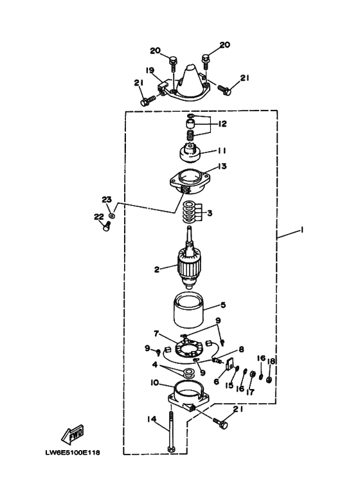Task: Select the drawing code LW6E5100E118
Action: pos(73,452)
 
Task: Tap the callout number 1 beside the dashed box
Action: pos(302,230)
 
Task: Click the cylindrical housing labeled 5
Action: pos(188,311)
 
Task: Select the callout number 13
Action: pos(222,166)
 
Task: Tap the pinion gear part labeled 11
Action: pos(189,153)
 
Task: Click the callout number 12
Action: pos(222,123)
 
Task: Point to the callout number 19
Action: pos(150,70)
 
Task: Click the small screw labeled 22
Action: pos(106,226)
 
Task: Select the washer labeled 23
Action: pos(112,215)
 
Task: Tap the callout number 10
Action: pos(155,383)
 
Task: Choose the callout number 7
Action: pos(156,334)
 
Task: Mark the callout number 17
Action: pos(250,392)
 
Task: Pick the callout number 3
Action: pos(210,213)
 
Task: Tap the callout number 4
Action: pos(155,365)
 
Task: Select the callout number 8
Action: pos(242,349)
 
